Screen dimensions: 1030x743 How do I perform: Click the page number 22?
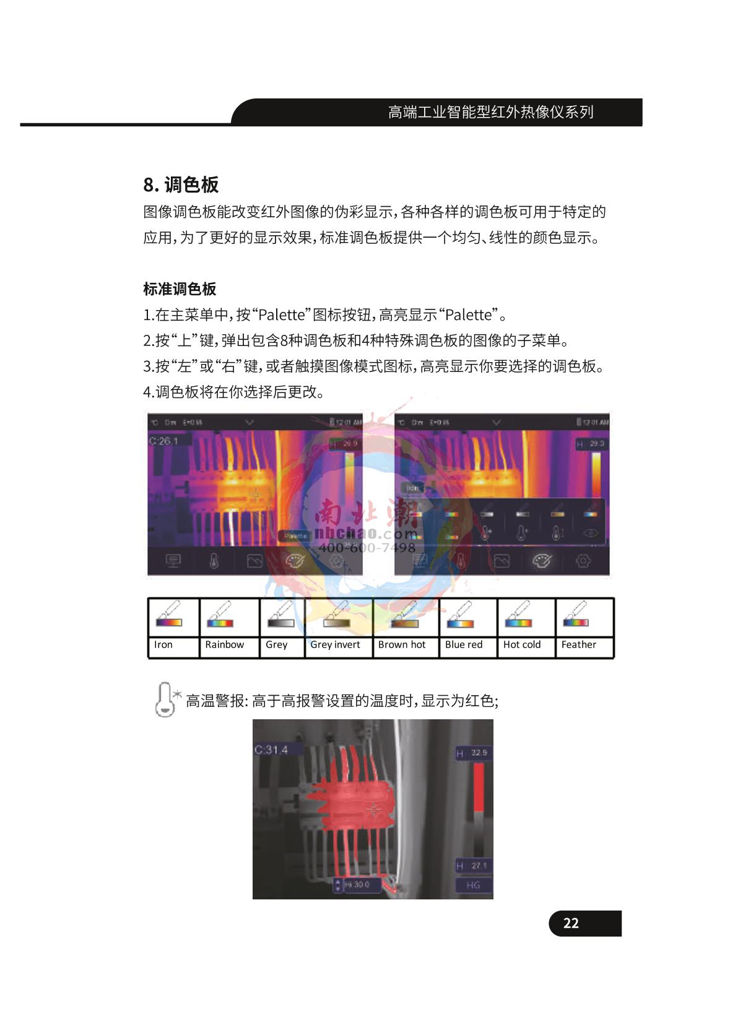[x=571, y=923]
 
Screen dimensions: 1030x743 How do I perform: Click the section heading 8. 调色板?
[x=181, y=184]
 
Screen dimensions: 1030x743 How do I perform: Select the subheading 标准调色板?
[x=180, y=289]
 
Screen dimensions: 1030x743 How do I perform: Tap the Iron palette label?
[x=163, y=644]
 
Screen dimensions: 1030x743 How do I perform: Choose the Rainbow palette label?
[x=224, y=644]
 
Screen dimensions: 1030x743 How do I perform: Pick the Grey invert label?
[x=335, y=644]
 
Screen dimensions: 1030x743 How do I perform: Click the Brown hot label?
[x=402, y=644]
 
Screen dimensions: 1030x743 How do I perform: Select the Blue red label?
[x=463, y=644]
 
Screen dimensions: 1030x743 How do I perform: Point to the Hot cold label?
[x=521, y=644]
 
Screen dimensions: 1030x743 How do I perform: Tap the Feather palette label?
[x=578, y=644]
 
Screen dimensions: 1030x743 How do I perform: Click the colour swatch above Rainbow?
[x=220, y=622]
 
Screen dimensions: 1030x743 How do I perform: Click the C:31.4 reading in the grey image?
[x=271, y=750]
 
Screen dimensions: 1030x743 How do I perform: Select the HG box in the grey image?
[x=473, y=885]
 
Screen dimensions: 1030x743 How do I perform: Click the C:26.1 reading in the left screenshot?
[x=163, y=441]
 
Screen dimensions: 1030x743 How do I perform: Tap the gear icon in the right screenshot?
[x=583, y=561]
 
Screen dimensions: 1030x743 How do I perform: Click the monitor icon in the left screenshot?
[x=173, y=561]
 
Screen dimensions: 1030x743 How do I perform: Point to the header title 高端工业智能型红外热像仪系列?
[x=490, y=112]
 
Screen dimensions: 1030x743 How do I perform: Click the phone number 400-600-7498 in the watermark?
[x=367, y=548]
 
